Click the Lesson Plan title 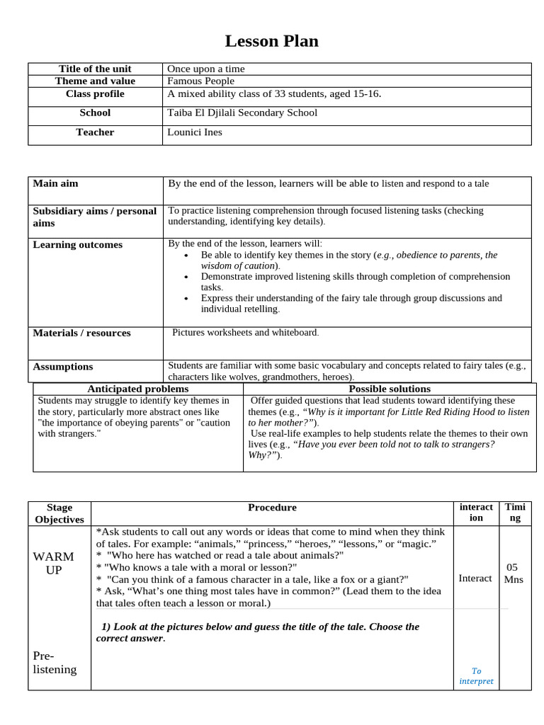coord(271,41)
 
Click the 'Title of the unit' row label coord(95,69)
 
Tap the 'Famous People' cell coord(200,81)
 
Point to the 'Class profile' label coord(95,93)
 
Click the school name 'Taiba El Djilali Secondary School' coord(242,113)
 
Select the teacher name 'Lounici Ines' coord(195,132)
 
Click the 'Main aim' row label coord(56,183)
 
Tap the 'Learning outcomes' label coord(78,245)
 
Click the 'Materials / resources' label coord(82,333)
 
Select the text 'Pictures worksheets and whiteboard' coord(245,332)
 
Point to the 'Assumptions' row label coord(63,367)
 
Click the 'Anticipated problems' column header coord(138,389)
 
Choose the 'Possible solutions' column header coord(390,389)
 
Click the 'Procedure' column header coord(272,508)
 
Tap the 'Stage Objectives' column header coord(59,513)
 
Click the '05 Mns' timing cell coord(514,573)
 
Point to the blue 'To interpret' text coord(476,675)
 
